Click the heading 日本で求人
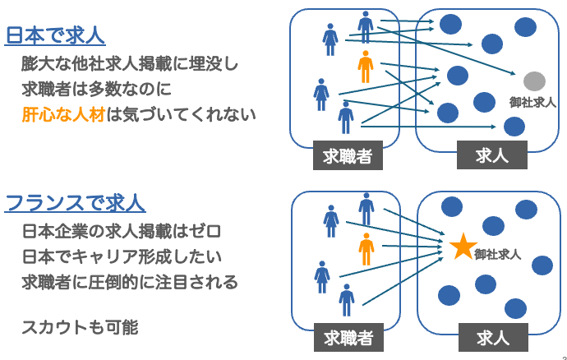(56, 35)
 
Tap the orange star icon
(463, 246)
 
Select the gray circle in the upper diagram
(534, 81)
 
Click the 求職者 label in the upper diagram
(348, 156)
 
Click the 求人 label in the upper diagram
(492, 156)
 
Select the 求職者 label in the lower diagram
(348, 337)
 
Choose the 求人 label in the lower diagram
(492, 337)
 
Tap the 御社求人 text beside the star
(498, 255)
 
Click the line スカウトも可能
(81, 327)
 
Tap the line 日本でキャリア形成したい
(122, 256)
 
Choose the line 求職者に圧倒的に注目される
(131, 283)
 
